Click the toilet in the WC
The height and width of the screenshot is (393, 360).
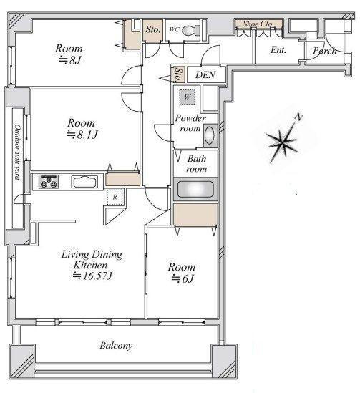pos(190,31)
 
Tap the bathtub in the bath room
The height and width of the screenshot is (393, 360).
pos(195,189)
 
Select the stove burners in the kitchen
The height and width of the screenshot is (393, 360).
pos(49,181)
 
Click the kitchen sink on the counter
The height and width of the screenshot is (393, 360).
pos(84,182)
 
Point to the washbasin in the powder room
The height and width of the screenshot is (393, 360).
pos(210,135)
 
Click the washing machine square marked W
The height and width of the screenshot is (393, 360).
pos(187,97)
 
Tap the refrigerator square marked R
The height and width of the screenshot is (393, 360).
pos(115,197)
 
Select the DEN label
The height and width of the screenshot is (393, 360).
pos(205,74)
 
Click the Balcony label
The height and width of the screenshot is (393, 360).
pos(116,346)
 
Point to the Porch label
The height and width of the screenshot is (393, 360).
pos(325,51)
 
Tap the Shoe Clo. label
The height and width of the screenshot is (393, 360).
pos(258,24)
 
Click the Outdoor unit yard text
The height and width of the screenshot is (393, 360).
pos(18,152)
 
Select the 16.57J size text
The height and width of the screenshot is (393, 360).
pos(92,276)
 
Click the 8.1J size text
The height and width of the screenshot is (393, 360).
pos(82,135)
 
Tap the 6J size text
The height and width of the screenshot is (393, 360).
pos(183,278)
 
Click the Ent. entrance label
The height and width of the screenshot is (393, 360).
pos(278,50)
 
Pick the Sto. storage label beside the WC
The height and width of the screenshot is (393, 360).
pos(153,29)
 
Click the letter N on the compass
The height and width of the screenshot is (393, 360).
pos(298,117)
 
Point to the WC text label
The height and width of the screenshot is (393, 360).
pos(174,29)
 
